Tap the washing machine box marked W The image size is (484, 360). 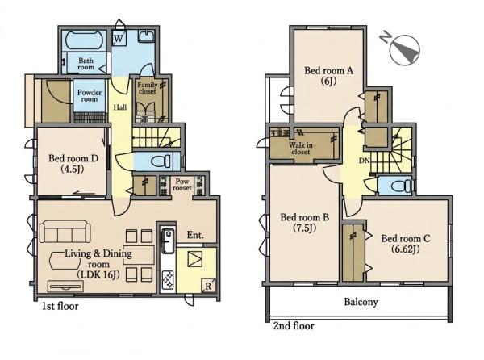coord(119,38)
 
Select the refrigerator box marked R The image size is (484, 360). coord(208,286)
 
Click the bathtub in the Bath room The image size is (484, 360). coord(84,40)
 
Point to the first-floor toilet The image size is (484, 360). coord(161,161)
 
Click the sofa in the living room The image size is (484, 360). coord(65,231)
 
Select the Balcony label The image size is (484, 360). coord(361,302)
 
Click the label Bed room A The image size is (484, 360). coord(329,70)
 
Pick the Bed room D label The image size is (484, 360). coord(73,158)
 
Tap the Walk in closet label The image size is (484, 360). coord(301,149)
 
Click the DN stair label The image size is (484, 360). coord(365,161)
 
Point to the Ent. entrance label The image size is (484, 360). coord(195,235)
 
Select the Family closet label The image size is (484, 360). coord(148,88)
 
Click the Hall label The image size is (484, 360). coord(119,107)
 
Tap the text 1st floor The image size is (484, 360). coord(60,306)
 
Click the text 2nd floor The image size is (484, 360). coord(294,326)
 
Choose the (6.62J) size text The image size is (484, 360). coord(406,249)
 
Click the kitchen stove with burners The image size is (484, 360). coord(169,280)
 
